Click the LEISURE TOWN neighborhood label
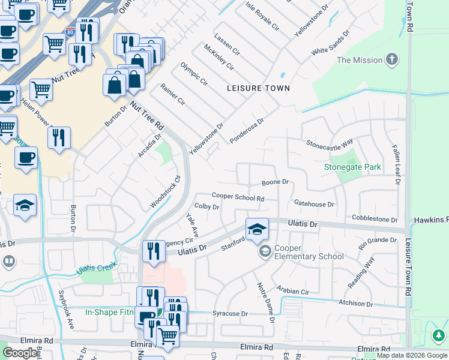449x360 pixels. (258, 88)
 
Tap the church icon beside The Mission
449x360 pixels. (392, 59)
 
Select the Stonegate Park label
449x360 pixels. (352, 167)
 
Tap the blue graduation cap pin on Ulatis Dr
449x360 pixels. (256, 230)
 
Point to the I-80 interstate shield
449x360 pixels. (71, 32)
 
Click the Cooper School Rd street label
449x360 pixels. (238, 197)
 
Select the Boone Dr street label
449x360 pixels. (276, 182)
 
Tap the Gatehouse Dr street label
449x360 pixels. (314, 204)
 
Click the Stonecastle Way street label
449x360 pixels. (330, 144)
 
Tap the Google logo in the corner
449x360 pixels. (20, 353)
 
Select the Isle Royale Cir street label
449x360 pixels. (263, 16)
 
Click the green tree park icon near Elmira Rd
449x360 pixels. (439, 335)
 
